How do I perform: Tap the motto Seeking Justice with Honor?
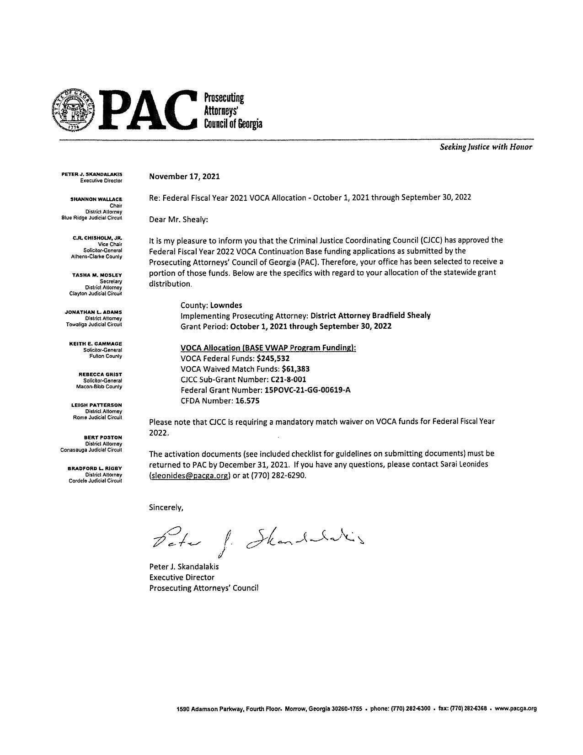(486, 147)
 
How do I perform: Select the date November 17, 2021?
(184, 177)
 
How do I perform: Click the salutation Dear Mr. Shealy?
(178, 220)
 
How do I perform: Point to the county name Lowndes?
(226, 305)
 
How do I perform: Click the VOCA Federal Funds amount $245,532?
(273, 359)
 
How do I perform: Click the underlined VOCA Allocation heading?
(268, 348)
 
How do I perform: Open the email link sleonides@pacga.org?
(189, 475)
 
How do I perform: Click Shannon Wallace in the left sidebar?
(96, 199)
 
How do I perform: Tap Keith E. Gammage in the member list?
(96, 344)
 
